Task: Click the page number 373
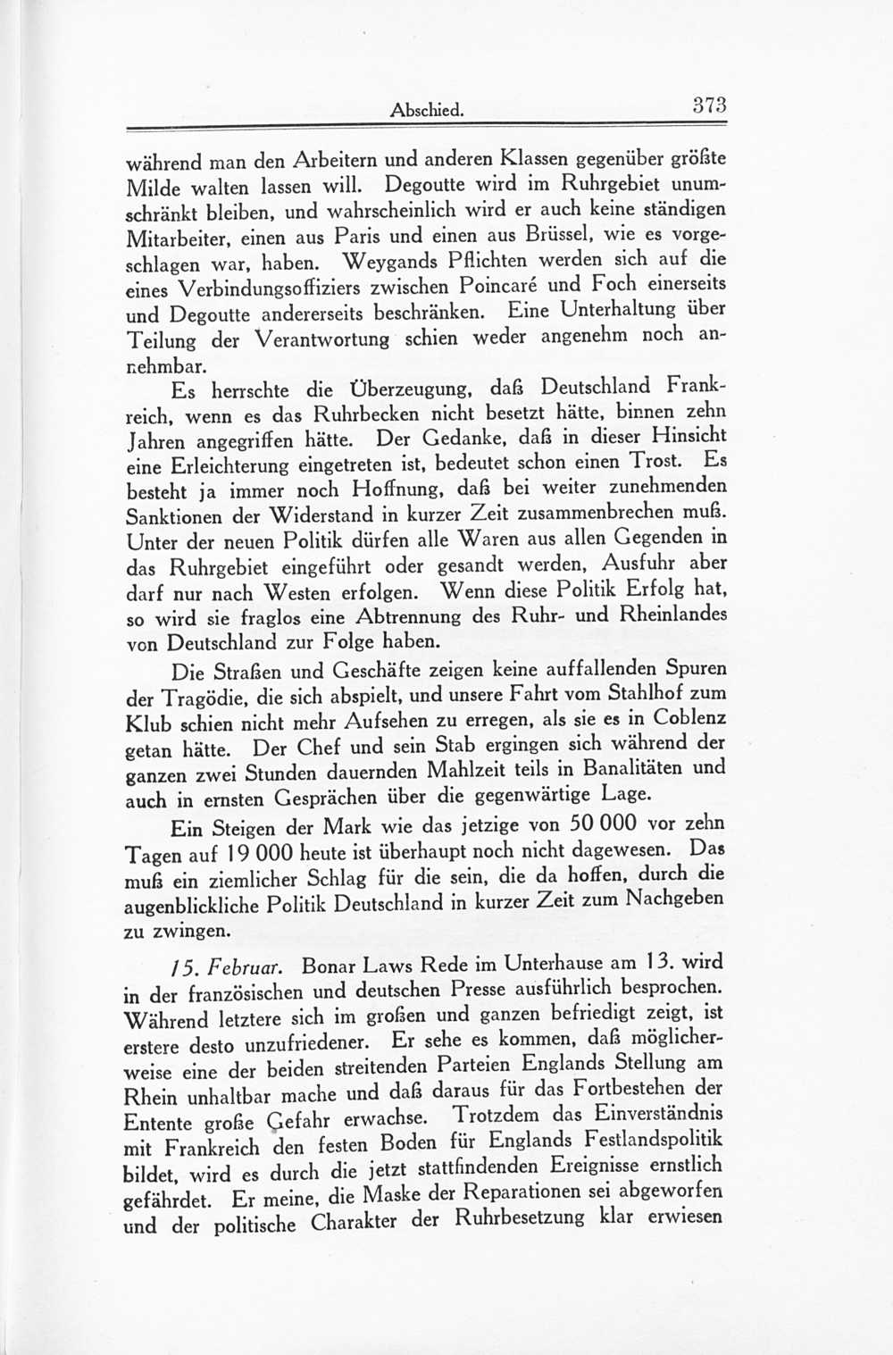[710, 105]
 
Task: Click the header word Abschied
[427, 111]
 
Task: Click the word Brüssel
[542, 236]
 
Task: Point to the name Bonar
[332, 966]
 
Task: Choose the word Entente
[159, 1123]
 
